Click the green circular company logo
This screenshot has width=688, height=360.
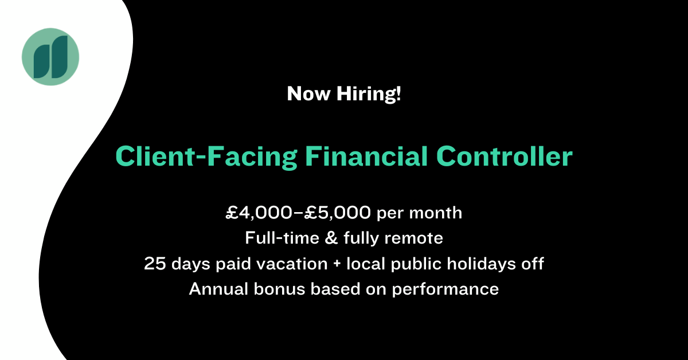coord(50,57)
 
